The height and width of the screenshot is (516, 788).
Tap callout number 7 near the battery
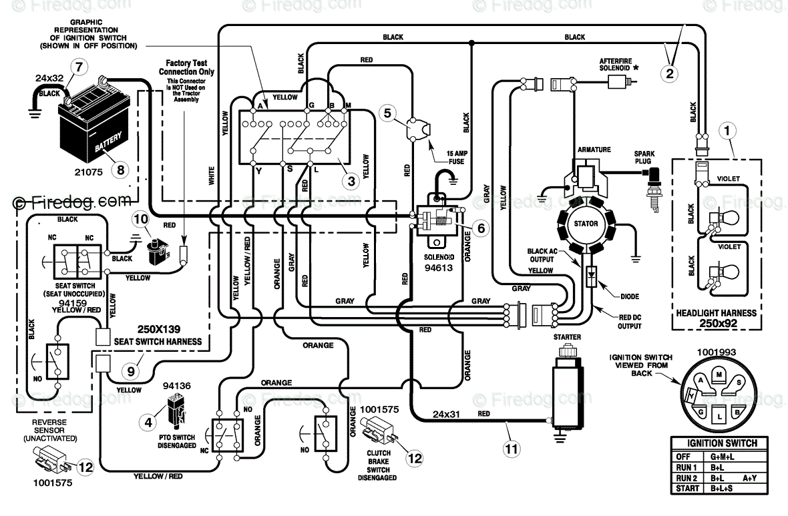(x=78, y=66)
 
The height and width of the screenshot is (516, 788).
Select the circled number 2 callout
(x=669, y=74)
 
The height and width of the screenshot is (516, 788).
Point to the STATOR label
(x=586, y=224)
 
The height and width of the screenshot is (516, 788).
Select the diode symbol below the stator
(x=592, y=275)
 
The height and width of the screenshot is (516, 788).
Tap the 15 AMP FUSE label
(x=456, y=158)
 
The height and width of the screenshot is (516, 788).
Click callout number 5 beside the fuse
(x=387, y=113)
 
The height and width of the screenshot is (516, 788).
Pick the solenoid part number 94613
(x=438, y=268)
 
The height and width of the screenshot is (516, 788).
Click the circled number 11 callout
(x=511, y=448)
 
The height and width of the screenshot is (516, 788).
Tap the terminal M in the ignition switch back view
(x=719, y=374)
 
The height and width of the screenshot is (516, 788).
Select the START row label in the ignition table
(x=687, y=489)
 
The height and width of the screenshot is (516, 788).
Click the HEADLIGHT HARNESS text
(x=716, y=313)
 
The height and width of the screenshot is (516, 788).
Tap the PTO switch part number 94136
(x=176, y=386)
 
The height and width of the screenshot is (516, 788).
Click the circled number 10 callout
(x=141, y=219)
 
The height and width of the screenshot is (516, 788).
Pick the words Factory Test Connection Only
(x=186, y=67)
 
